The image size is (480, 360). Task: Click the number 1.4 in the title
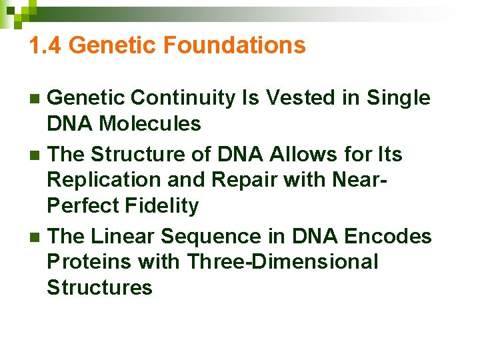(x=46, y=45)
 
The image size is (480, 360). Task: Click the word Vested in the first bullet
(x=291, y=98)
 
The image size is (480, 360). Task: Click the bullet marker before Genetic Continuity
(x=36, y=99)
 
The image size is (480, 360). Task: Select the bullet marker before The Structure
(x=36, y=155)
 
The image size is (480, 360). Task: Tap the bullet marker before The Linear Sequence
(x=36, y=237)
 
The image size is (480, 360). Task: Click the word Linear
(x=123, y=236)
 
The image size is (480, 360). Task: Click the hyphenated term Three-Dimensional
(x=283, y=261)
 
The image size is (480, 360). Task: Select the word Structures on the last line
(x=100, y=287)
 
